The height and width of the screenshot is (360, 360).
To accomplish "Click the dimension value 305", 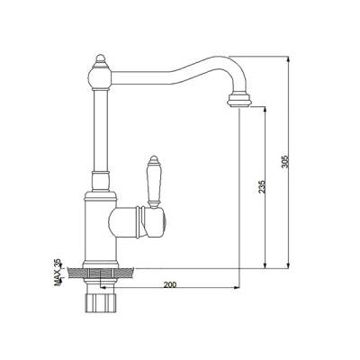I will [285, 162].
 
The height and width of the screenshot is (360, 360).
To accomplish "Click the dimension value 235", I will [261, 186].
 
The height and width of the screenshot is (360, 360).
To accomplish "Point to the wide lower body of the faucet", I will [98, 225].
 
